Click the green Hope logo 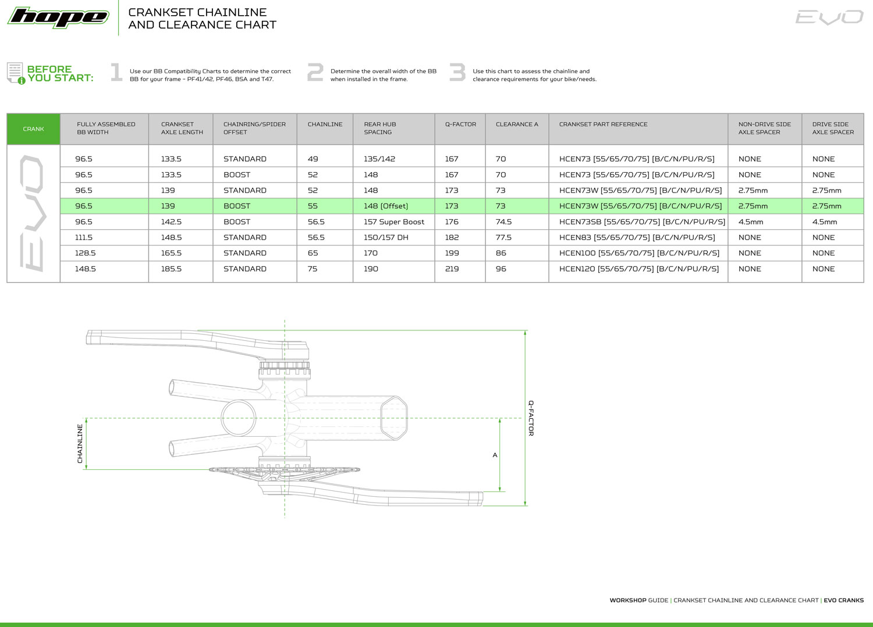[x=58, y=17]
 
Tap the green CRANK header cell [x=33, y=129]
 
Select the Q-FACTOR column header [x=460, y=124]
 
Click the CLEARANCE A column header [x=517, y=124]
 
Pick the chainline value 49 [x=313, y=159]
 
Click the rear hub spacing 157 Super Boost [x=394, y=222]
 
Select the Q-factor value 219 [x=452, y=269]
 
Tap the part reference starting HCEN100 [x=639, y=253]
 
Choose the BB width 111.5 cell [x=84, y=237]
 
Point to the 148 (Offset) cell [x=386, y=206]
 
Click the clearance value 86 [x=501, y=253]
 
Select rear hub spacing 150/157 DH [x=386, y=237]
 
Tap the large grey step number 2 [x=315, y=73]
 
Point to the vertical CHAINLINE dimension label [x=80, y=444]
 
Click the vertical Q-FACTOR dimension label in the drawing [x=531, y=418]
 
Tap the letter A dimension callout [x=495, y=455]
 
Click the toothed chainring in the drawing [x=285, y=469]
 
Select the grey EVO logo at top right [x=829, y=17]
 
